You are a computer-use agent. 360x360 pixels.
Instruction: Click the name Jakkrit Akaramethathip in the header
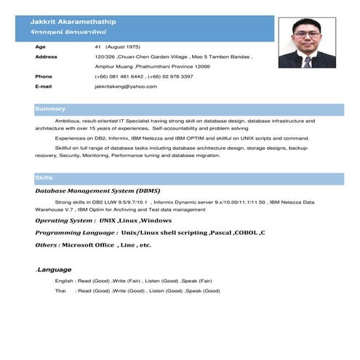(x=77, y=23)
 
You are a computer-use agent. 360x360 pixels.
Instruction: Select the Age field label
(x=40, y=46)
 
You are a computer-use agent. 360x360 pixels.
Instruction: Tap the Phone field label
(x=44, y=76)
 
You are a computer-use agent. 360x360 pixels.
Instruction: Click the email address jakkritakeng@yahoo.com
(x=126, y=86)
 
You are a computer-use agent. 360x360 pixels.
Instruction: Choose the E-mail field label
(x=44, y=86)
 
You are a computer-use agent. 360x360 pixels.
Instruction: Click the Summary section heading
(x=50, y=108)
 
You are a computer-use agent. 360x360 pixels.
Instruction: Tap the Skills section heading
(x=44, y=177)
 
